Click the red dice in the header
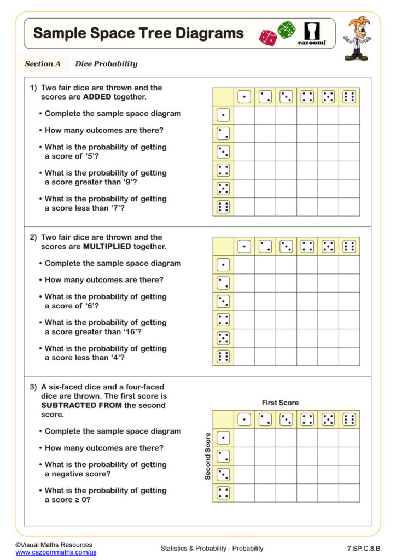pyautogui.click(x=268, y=37)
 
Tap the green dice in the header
pyautogui.click(x=286, y=30)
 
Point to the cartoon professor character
pyautogui.click(x=357, y=38)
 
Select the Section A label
pyautogui.click(x=43, y=63)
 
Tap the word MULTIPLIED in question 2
pyautogui.click(x=106, y=247)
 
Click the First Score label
pyautogui.click(x=280, y=402)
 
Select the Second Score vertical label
pyautogui.click(x=208, y=456)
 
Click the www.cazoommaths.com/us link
pyautogui.click(x=56, y=553)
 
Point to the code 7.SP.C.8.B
pyautogui.click(x=363, y=548)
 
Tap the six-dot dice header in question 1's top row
pyautogui.click(x=349, y=97)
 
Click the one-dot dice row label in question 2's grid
pyautogui.click(x=223, y=265)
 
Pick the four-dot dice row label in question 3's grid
pyautogui.click(x=223, y=493)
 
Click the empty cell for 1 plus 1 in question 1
pyautogui.click(x=244, y=115)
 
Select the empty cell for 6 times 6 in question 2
pyautogui.click(x=349, y=357)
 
